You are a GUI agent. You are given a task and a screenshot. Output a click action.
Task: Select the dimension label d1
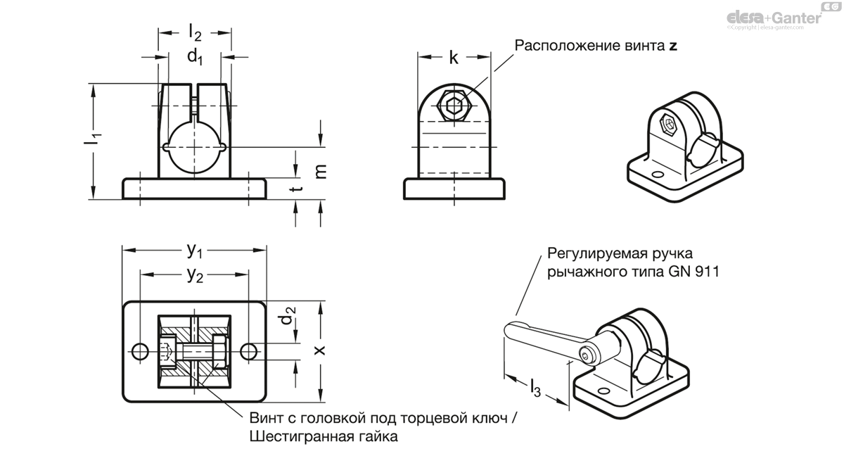(x=194, y=58)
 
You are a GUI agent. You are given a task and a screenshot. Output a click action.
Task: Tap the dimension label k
(x=454, y=58)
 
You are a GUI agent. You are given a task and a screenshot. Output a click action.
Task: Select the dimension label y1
(x=195, y=249)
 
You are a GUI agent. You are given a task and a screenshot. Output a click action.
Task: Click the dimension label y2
(x=195, y=275)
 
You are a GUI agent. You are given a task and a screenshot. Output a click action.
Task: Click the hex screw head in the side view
(x=453, y=108)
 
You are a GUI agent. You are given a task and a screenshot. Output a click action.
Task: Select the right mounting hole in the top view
(x=249, y=351)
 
